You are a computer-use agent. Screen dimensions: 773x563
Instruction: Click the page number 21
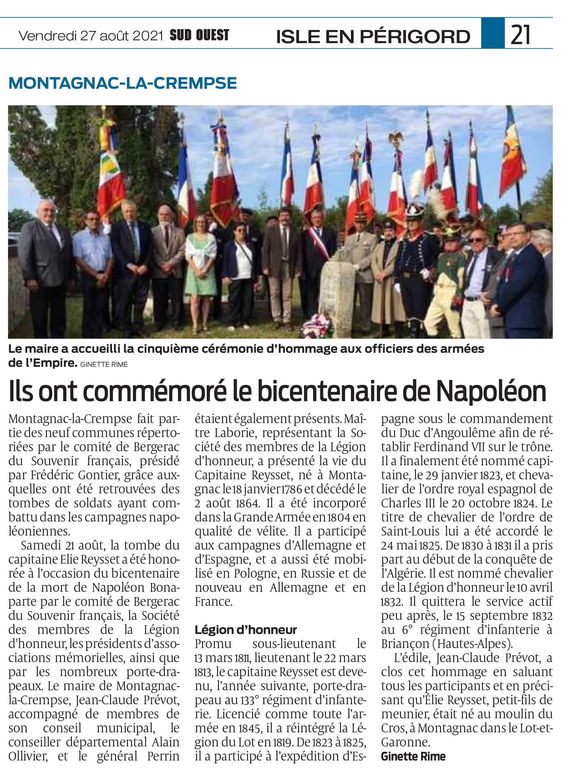point(520,34)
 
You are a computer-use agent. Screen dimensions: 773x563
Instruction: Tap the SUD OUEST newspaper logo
point(199,35)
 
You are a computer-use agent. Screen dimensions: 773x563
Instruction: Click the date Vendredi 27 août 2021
point(91,35)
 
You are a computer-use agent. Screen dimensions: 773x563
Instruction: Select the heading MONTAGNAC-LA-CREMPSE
point(123,83)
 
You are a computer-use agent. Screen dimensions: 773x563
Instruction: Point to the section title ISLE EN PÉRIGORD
point(373,37)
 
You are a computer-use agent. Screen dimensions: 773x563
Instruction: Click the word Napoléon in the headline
point(491,391)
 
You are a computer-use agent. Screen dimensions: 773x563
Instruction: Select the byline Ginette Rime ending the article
point(413,756)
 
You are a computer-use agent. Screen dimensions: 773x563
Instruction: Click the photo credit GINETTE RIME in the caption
point(104,365)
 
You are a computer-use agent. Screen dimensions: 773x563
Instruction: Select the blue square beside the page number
point(493,33)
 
